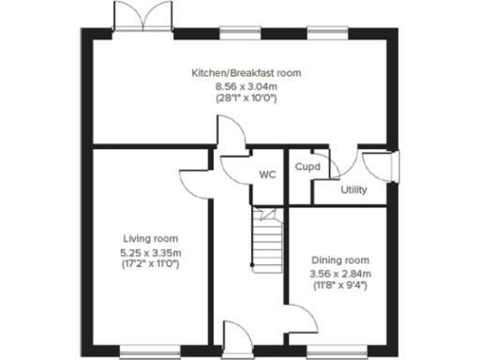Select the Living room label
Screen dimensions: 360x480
(151, 238)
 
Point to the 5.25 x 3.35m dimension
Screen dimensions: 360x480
(151, 251)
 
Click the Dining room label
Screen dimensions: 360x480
(341, 260)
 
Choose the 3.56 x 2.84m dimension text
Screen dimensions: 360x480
(341, 273)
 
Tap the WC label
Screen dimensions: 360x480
(265, 174)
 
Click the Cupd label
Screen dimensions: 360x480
(307, 167)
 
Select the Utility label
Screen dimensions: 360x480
(353, 190)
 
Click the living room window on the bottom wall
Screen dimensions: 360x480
(146, 352)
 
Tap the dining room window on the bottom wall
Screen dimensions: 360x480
(336, 352)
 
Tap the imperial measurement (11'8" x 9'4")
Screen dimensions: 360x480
(341, 285)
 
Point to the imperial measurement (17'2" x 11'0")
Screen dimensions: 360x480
(151, 263)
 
